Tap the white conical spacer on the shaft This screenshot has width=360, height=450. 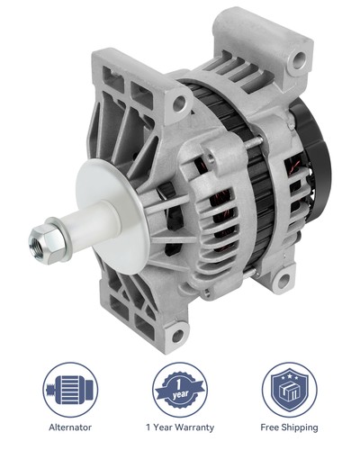[102, 207]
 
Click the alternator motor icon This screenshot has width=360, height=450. [70, 389]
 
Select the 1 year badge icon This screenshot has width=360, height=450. [180, 389]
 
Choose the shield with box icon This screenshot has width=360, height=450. [289, 389]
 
